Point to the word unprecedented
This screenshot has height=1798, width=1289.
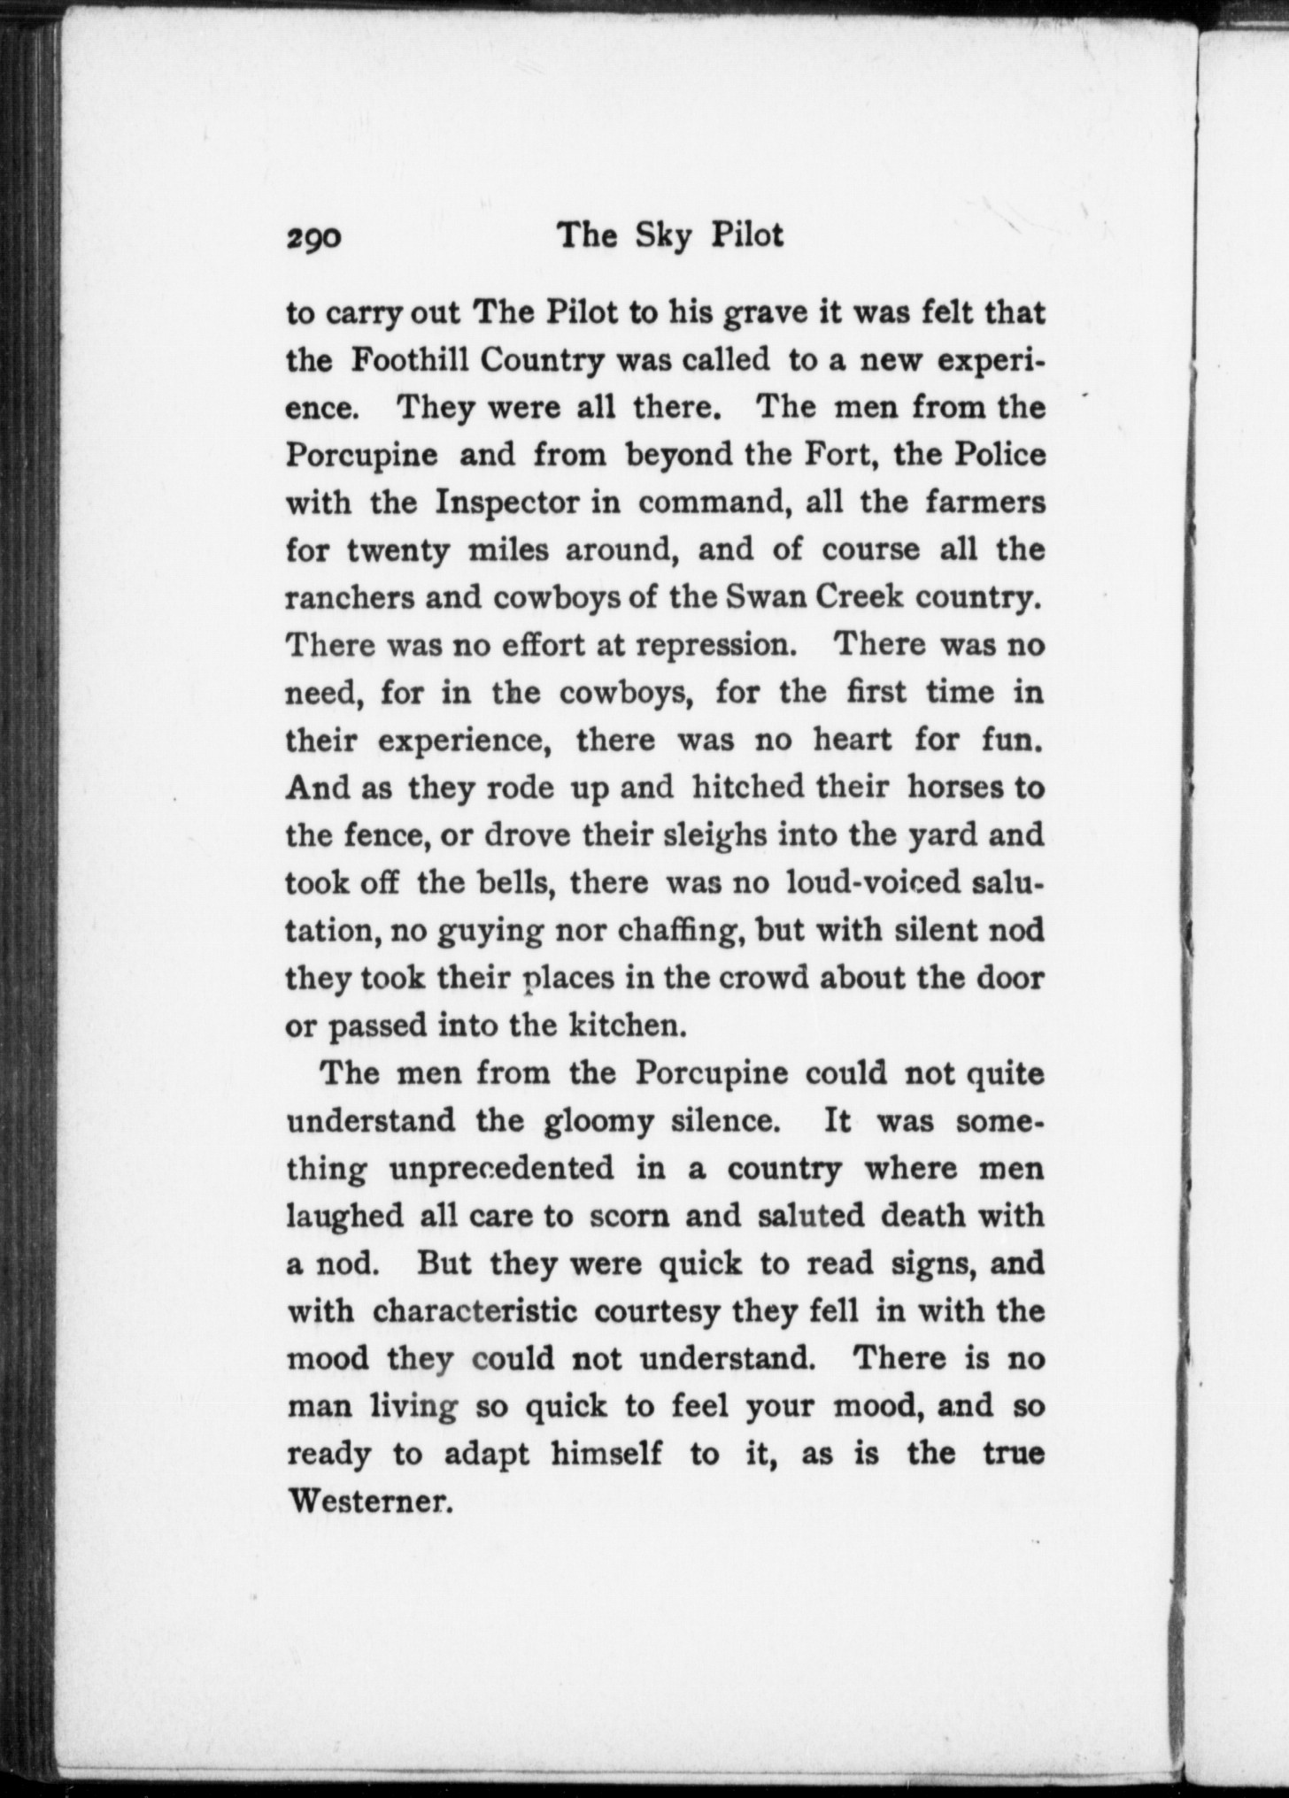click(501, 1169)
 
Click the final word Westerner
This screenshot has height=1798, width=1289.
click(370, 1501)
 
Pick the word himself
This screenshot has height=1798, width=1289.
click(606, 1454)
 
